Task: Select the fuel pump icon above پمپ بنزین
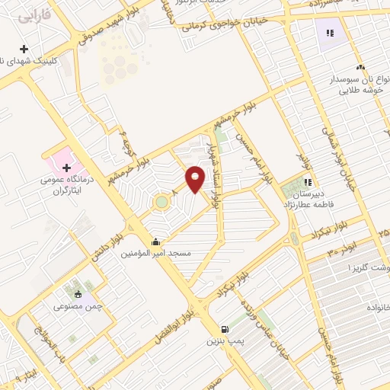pos(223,328)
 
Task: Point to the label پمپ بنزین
pos(221,341)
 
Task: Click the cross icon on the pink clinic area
pos(66,168)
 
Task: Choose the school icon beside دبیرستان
pos(308,182)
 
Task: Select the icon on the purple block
pos(330,33)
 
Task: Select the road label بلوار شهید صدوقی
pos(117,24)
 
